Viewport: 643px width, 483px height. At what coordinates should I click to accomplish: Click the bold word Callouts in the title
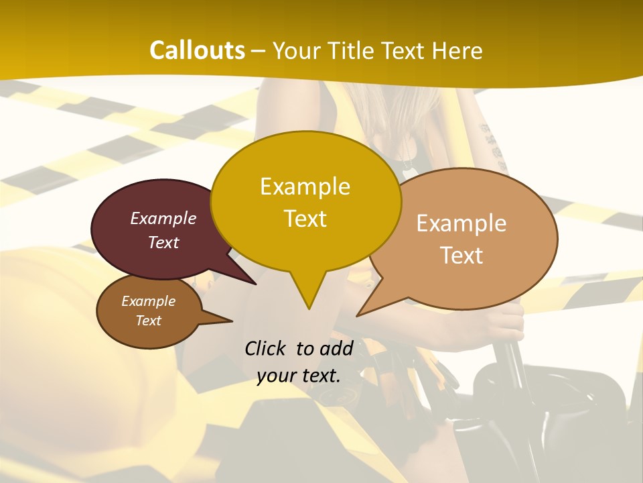coord(197,50)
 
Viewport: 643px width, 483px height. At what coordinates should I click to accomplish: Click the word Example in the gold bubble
coord(305,186)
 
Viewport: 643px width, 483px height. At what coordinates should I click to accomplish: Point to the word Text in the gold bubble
coord(305,219)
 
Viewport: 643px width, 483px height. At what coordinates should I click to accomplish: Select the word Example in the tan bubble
coord(461,223)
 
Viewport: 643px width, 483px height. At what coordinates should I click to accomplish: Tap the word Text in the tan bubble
coord(461,256)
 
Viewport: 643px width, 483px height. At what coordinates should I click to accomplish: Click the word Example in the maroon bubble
coord(163,218)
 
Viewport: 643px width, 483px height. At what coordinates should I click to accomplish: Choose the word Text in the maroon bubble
coord(163,242)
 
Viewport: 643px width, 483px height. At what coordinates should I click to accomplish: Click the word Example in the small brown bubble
coord(148,301)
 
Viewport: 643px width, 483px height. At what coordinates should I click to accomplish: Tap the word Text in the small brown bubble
coord(148,321)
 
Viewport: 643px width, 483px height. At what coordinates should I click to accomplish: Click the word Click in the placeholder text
coord(267,348)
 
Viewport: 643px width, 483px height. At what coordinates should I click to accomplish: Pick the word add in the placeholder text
coord(336,348)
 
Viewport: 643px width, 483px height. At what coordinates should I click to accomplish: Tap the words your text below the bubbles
coord(299,376)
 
